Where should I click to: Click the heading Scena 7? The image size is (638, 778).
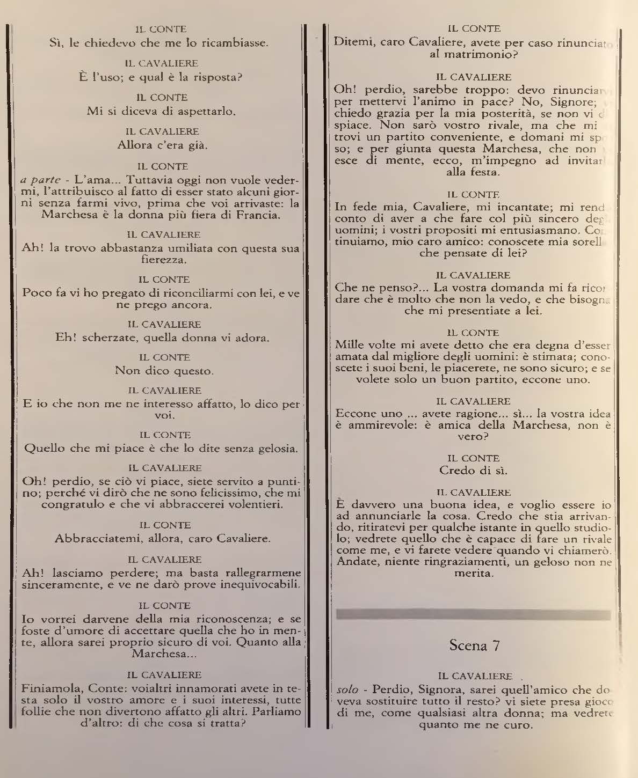pyautogui.click(x=474, y=645)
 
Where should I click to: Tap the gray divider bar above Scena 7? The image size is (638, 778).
pyautogui.click(x=473, y=615)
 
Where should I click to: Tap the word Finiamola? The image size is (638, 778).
pyautogui.click(x=45, y=688)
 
